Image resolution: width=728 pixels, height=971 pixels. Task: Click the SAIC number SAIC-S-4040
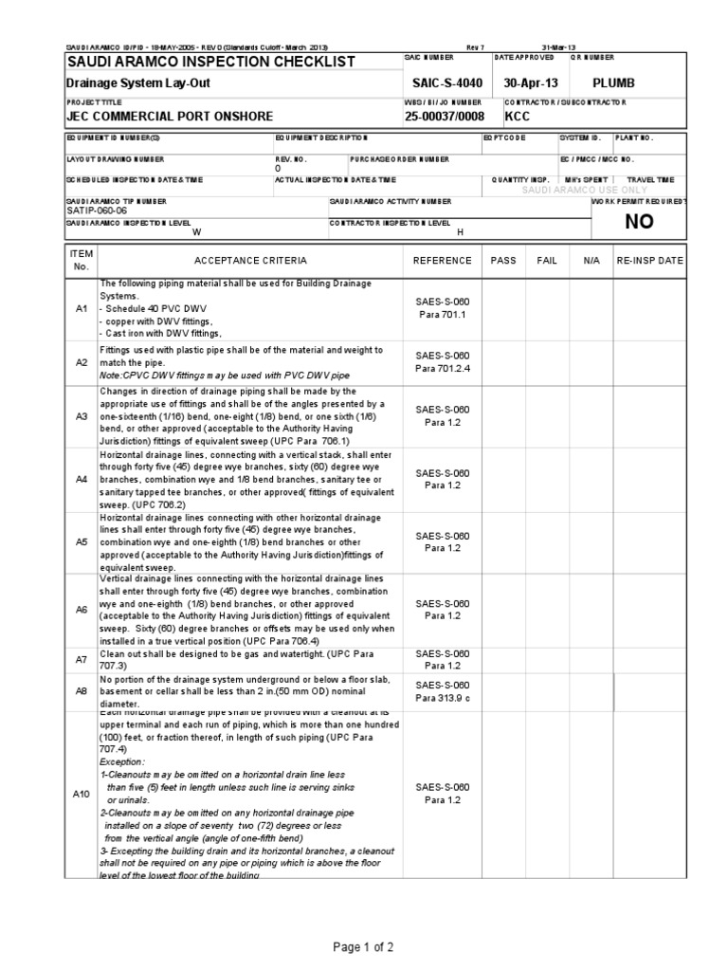tap(442, 82)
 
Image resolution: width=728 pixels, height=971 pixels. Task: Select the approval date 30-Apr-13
tap(532, 82)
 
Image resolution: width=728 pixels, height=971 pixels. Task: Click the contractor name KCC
tap(518, 117)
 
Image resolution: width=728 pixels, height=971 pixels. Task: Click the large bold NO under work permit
tap(639, 221)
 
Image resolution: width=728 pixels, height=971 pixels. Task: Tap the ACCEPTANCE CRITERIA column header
tap(250, 260)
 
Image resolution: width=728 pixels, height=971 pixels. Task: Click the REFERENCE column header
tap(442, 260)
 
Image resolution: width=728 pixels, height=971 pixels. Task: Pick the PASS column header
tap(503, 260)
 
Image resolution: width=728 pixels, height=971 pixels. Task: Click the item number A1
tap(81, 308)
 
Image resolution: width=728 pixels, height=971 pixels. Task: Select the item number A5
tap(81, 541)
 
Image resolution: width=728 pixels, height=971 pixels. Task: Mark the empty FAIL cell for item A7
tap(547, 659)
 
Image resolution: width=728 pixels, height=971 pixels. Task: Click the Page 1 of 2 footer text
tap(363, 947)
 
